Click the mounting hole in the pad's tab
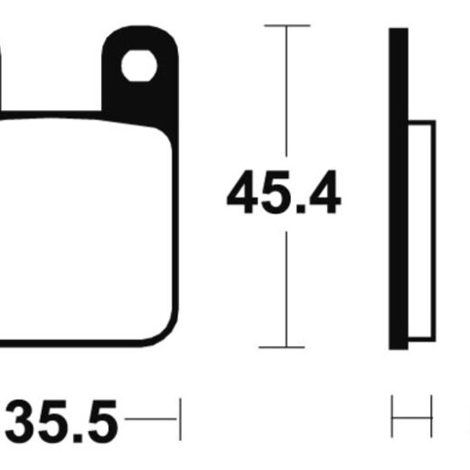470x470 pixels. (139, 66)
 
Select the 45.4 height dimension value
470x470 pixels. (284, 192)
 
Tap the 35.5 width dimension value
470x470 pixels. (61, 422)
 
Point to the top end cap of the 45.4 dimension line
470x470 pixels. (287, 26)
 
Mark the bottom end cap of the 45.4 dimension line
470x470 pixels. (282, 347)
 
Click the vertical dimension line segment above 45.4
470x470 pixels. (287, 91)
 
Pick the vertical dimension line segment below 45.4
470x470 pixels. (287, 289)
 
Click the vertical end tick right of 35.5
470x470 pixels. (180, 419)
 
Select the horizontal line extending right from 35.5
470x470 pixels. (151, 418)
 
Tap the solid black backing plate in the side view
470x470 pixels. (399, 189)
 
